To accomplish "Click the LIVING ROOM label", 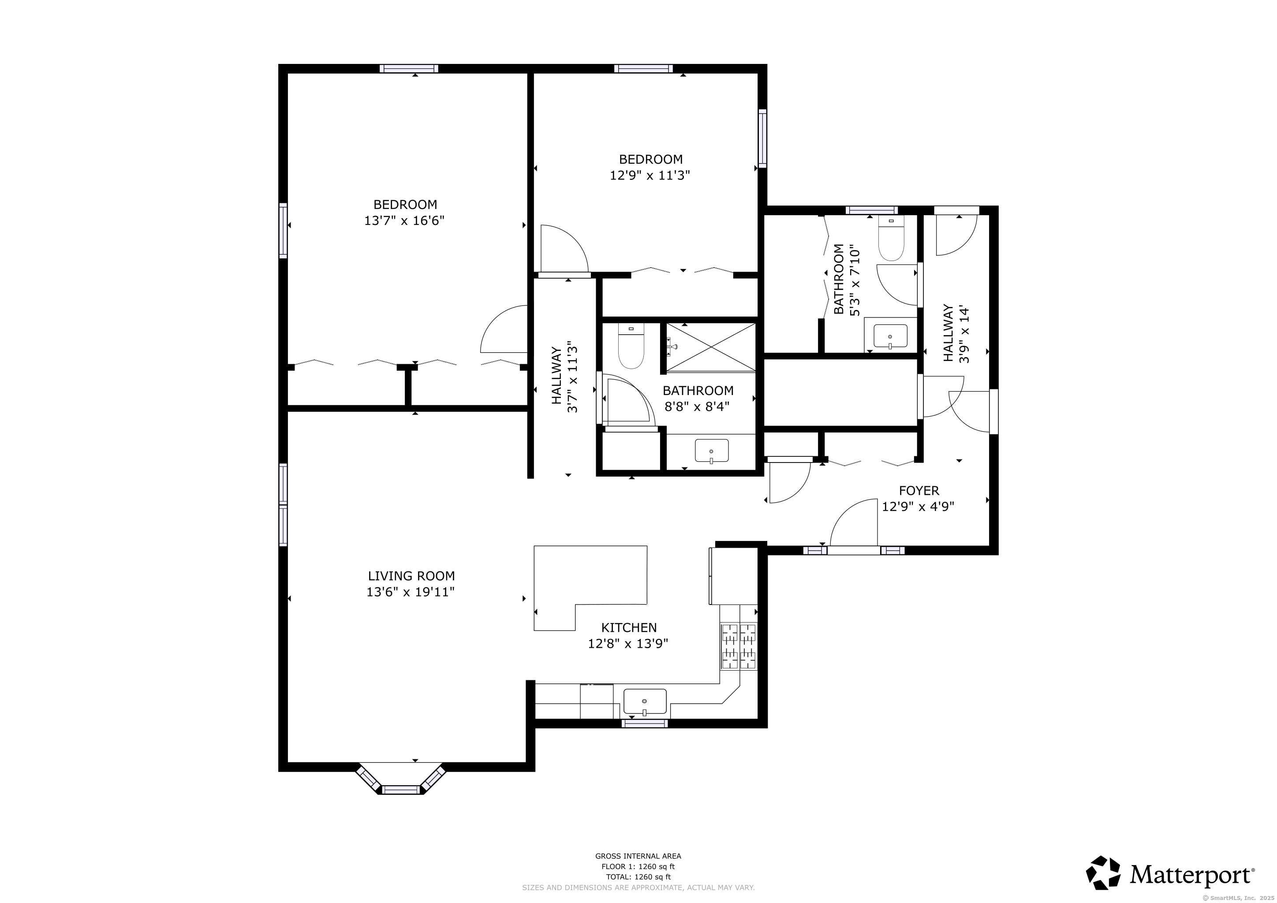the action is click(411, 576).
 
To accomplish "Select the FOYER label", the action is click(919, 491).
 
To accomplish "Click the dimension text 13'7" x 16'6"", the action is click(404, 221).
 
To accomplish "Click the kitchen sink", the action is click(645, 702).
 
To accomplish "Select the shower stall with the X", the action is click(711, 347).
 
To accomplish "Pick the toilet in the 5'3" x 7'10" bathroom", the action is click(891, 239).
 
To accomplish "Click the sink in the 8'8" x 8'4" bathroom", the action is click(711, 451).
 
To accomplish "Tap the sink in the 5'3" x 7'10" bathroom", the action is click(890, 337).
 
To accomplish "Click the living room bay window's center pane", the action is click(400, 790).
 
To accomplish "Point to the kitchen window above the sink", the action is click(645, 724).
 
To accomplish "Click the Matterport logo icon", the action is click(1103, 873).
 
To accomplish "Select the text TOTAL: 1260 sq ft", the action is click(638, 877).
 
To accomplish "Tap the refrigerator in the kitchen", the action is click(733, 576).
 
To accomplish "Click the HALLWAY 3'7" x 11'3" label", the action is click(564, 379).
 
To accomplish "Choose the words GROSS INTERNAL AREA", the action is click(638, 856).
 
